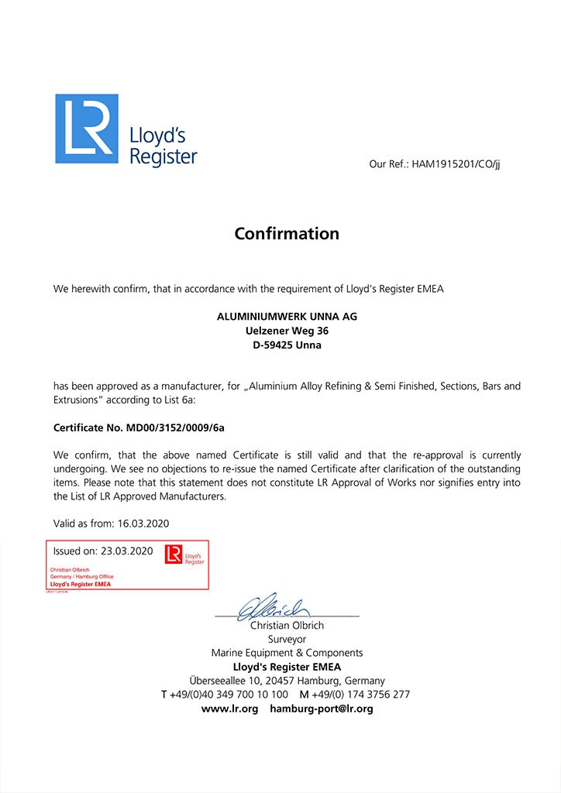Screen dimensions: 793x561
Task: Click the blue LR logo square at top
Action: pyautogui.click(x=87, y=129)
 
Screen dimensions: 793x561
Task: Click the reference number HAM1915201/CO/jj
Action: pyautogui.click(x=456, y=164)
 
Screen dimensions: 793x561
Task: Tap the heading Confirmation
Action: pyautogui.click(x=287, y=233)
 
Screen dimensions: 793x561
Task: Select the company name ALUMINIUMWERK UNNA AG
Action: pyautogui.click(x=287, y=317)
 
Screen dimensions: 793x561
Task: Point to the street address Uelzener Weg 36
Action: pyautogui.click(x=287, y=331)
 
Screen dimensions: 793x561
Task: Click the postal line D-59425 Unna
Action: pyautogui.click(x=287, y=345)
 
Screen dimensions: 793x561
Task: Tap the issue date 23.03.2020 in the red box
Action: pyautogui.click(x=126, y=551)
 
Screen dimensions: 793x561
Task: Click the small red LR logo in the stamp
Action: pyautogui.click(x=174, y=554)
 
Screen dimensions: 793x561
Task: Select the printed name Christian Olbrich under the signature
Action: pyautogui.click(x=287, y=625)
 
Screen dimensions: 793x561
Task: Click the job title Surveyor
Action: pyautogui.click(x=287, y=639)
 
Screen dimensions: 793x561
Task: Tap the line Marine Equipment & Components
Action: pyautogui.click(x=287, y=653)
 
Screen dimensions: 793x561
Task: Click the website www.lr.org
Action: pyautogui.click(x=229, y=709)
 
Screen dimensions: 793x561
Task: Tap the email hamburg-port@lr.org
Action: pyautogui.click(x=322, y=709)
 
